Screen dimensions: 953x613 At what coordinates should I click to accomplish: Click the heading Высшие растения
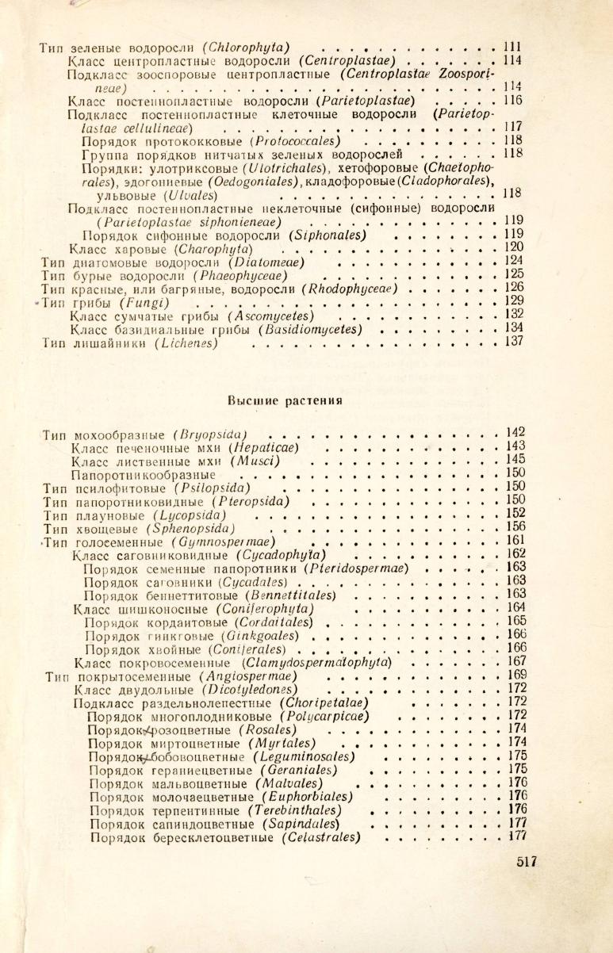(285, 400)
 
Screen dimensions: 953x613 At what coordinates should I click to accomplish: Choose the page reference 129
(516, 301)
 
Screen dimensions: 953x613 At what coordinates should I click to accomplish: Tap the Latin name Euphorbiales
(304, 796)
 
